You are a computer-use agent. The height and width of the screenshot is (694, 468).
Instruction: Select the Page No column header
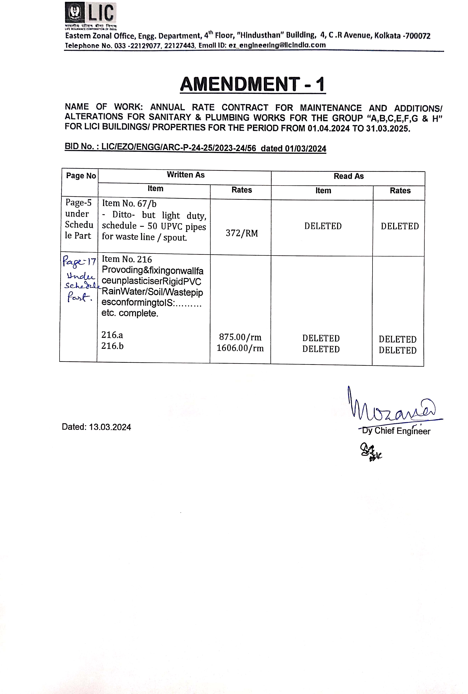coord(81,176)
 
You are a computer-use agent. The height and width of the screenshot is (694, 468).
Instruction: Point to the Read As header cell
coord(348,176)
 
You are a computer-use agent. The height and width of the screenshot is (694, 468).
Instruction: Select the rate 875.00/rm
coord(240,337)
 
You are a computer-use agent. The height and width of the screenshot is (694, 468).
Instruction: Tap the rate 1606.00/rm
coord(240,348)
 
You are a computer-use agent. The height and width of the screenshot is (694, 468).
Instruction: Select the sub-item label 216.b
coord(112,346)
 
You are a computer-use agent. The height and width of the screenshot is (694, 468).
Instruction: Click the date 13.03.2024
coord(110,427)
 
